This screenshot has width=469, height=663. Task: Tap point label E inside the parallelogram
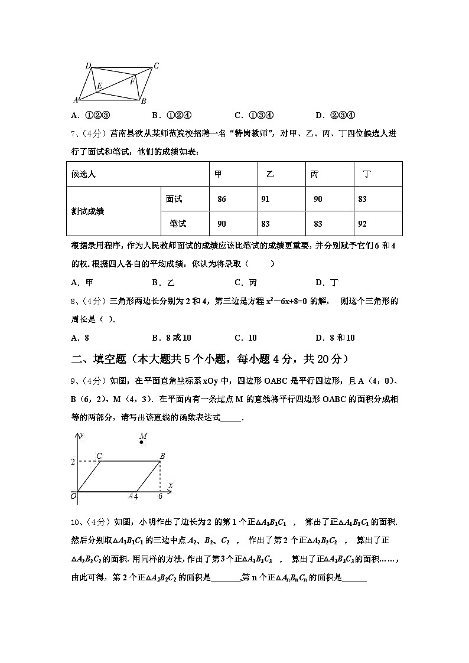point(99,86)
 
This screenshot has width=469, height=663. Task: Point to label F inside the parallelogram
point(132,81)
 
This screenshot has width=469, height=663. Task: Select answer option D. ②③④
point(335,115)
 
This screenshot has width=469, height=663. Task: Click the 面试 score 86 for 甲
point(222,200)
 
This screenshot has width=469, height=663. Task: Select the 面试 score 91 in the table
point(265,200)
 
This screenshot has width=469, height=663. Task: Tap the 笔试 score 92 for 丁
point(362,224)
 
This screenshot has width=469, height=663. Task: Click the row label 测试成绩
point(87,211)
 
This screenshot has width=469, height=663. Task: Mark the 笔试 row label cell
point(178,224)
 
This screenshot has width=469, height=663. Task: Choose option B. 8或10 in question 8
point(171,338)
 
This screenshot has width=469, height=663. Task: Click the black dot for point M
point(142,442)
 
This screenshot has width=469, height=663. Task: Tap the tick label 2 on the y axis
point(73,462)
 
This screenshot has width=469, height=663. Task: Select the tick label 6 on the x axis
point(160,497)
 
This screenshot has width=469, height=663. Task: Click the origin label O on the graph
point(73,497)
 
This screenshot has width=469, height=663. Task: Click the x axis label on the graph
point(170,485)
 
